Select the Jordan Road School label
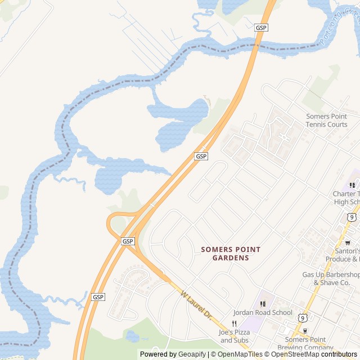pyautogui.click(x=263, y=313)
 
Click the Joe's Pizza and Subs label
pyautogui.click(x=235, y=336)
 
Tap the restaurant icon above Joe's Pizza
pyautogui.click(x=235, y=324)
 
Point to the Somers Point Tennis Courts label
pyautogui.click(x=326, y=120)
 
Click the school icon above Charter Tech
pyautogui.click(x=352, y=185)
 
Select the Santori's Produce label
pyautogui.click(x=344, y=255)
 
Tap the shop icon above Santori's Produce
pyautogui.click(x=348, y=243)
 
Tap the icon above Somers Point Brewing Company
pyautogui.click(x=305, y=331)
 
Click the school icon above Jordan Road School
pyautogui.click(x=263, y=304)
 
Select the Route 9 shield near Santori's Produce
pyautogui.click(x=351, y=217)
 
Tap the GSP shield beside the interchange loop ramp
pyautogui.click(x=128, y=241)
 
